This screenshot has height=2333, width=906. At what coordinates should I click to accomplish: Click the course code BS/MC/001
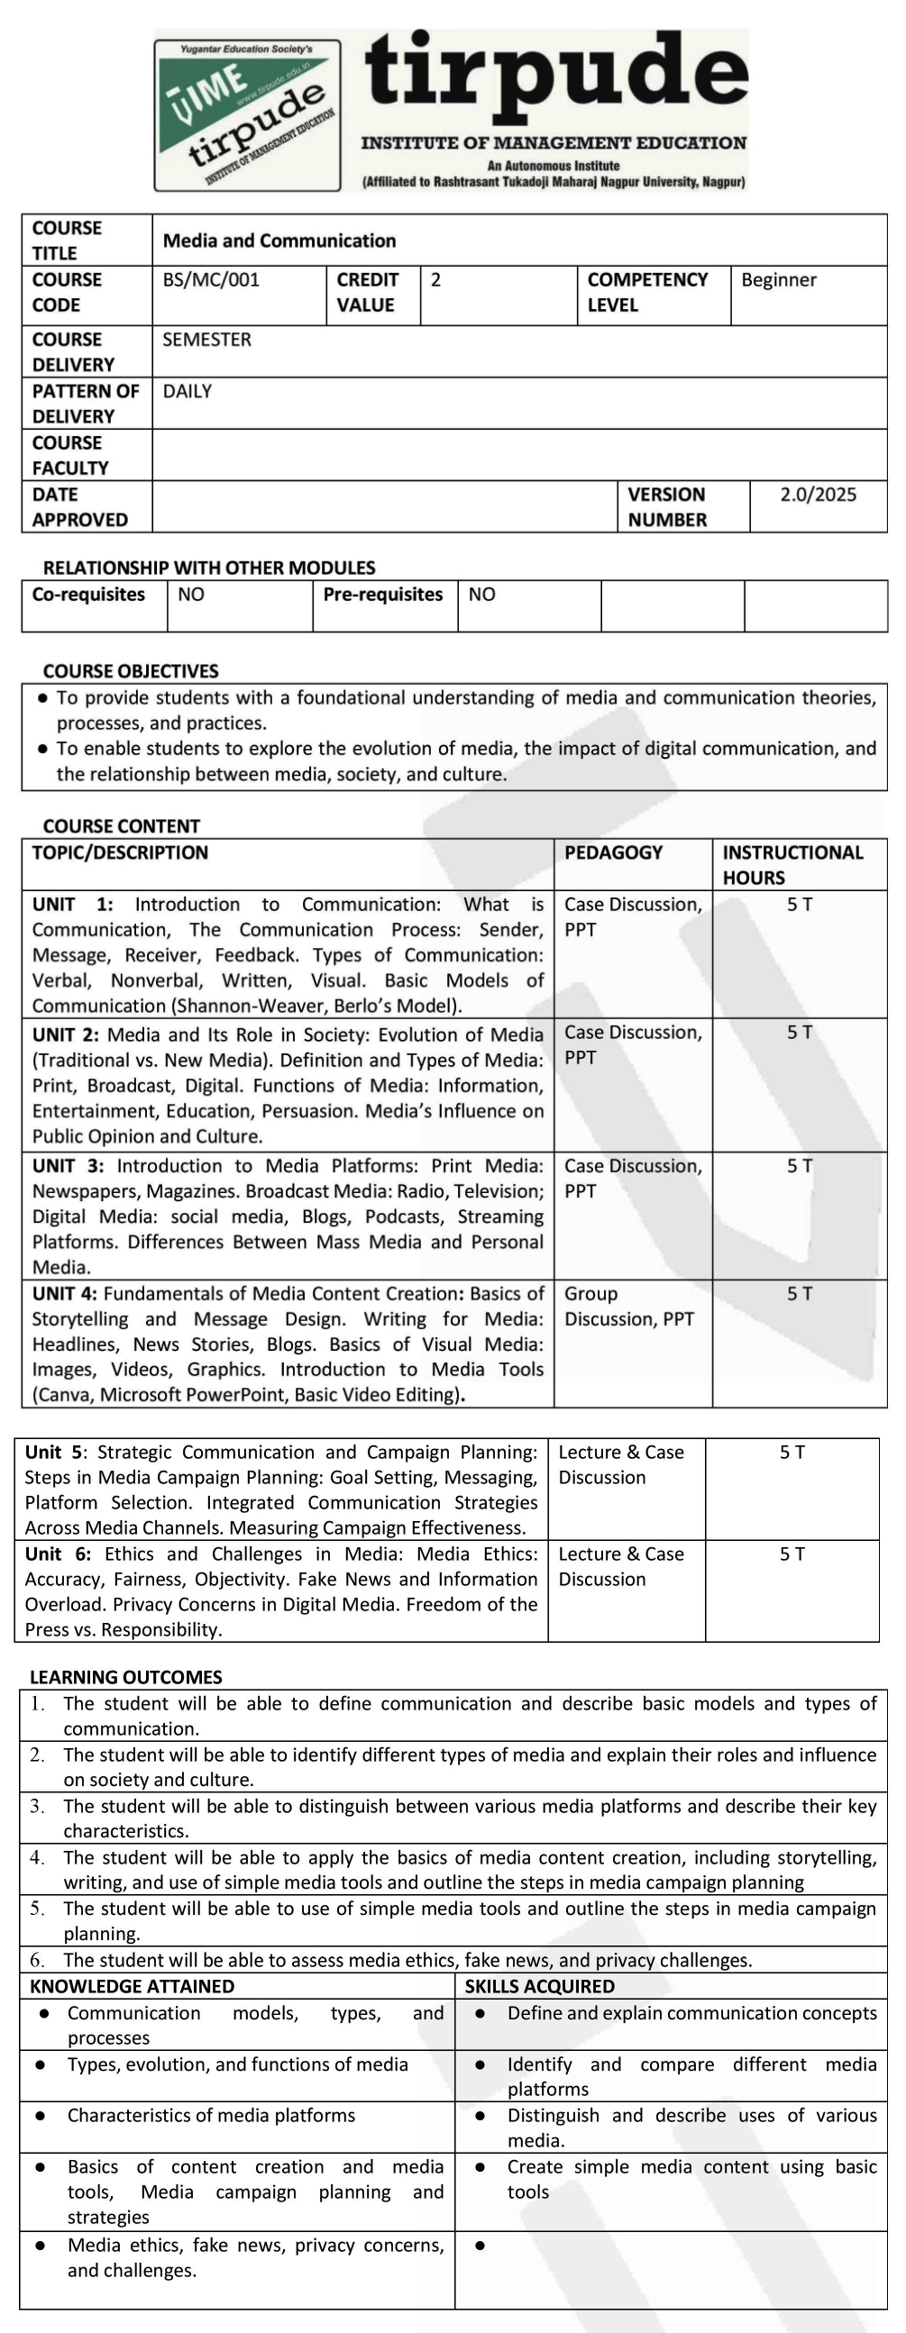[211, 280]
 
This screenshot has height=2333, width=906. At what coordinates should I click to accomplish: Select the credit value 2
[435, 280]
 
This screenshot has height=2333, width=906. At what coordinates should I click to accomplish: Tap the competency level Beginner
[778, 280]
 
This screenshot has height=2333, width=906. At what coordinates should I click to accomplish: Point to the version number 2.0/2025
[819, 495]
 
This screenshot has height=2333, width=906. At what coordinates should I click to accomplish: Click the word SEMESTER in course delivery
[206, 340]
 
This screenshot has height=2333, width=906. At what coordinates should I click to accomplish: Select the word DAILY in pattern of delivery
[188, 391]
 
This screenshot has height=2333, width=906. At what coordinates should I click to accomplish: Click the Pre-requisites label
[382, 595]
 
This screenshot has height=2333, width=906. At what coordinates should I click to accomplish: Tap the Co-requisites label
[88, 595]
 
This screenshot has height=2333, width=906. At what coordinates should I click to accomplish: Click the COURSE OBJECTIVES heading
[131, 671]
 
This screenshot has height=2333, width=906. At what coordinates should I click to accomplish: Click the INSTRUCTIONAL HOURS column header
[792, 865]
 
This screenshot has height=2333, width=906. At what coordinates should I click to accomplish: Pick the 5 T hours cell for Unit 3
[799, 1166]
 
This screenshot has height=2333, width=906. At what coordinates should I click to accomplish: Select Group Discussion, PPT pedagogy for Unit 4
[628, 1307]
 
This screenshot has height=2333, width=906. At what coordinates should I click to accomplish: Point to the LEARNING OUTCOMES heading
[126, 1677]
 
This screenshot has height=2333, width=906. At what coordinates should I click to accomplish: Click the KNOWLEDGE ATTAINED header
[133, 1986]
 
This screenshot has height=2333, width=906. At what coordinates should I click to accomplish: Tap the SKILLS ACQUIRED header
[539, 1986]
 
